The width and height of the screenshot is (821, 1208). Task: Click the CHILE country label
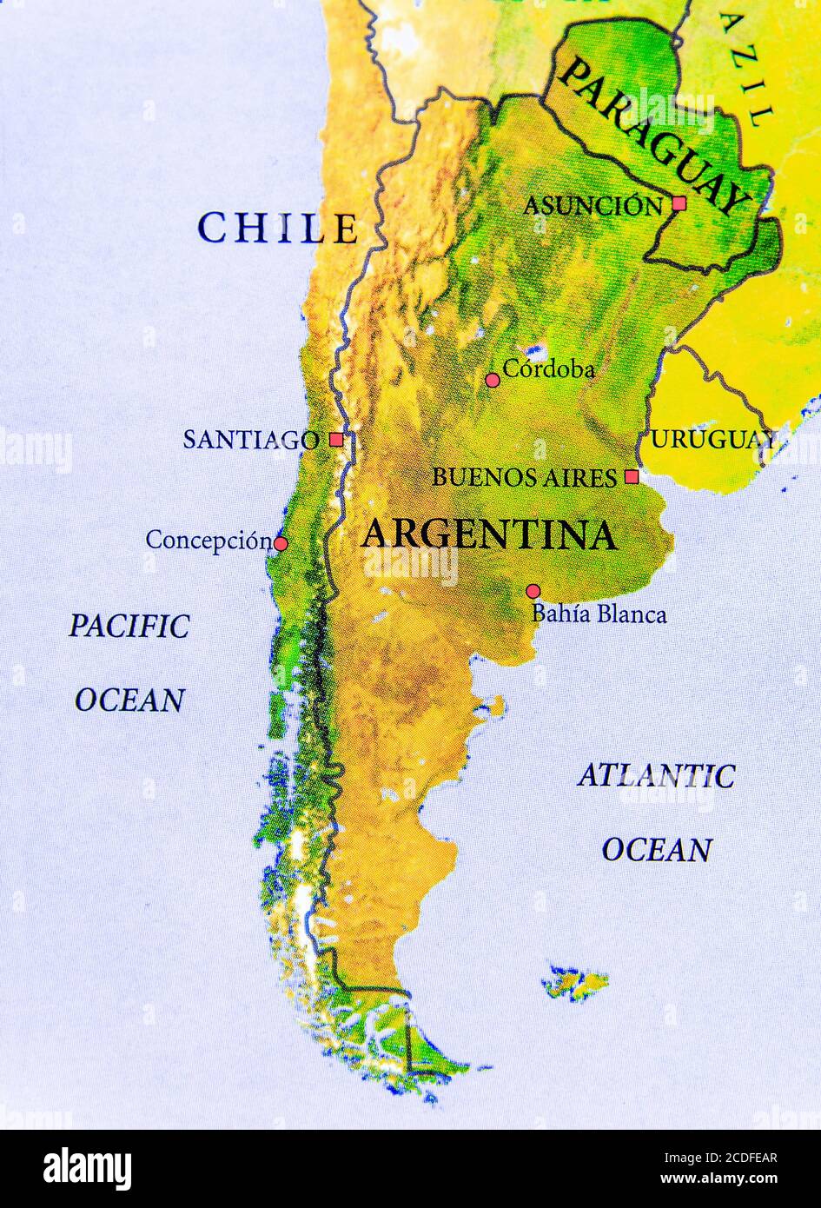pos(277,229)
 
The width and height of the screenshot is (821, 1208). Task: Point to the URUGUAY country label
pos(712,440)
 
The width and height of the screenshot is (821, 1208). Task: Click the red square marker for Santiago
pos(336,440)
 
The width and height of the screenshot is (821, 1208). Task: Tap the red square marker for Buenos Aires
pos(632,476)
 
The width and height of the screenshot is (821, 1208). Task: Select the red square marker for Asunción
pos(679,203)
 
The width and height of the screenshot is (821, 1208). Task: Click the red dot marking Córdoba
pos(493,380)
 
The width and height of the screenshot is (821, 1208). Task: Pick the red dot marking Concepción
pos(281,544)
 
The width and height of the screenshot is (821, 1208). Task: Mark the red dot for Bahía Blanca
pos(533,591)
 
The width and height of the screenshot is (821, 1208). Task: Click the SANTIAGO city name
pos(250,440)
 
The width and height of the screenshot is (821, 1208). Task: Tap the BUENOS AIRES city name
pos(524,477)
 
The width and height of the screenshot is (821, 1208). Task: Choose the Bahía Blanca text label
pos(599,614)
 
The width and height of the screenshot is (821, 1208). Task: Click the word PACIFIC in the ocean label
pos(129,626)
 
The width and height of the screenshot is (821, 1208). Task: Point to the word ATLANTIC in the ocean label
pos(656,775)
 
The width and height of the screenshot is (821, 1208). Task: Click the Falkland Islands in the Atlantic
pos(575,982)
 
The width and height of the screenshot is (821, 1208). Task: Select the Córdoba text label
pos(549,369)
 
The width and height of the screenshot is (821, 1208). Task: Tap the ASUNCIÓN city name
pos(593,206)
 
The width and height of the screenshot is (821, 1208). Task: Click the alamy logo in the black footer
pos(88,1169)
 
